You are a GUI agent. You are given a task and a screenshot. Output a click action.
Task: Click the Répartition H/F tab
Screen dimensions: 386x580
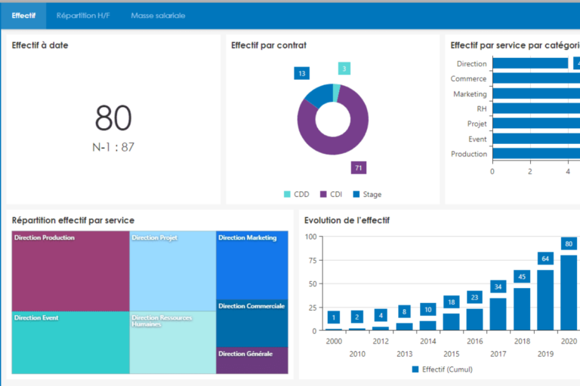(83, 15)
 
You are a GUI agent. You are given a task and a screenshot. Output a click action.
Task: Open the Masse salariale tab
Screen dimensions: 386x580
(158, 15)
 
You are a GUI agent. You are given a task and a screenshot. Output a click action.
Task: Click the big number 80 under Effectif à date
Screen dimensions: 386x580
(113, 118)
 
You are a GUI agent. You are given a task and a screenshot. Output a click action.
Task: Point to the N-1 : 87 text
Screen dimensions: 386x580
(113, 147)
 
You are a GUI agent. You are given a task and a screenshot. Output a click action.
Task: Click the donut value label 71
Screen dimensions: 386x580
(358, 167)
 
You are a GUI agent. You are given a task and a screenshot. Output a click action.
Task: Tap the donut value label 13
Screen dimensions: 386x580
(302, 73)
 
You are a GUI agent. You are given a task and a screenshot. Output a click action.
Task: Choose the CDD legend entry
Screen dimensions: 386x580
(296, 195)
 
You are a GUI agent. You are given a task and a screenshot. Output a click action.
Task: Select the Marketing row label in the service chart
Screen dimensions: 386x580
(470, 94)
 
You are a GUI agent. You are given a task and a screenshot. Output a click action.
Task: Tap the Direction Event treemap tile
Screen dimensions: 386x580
(70, 343)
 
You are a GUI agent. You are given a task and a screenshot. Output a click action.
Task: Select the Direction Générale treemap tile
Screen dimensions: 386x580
(251, 360)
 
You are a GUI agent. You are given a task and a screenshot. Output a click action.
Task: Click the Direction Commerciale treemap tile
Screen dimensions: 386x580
(251, 323)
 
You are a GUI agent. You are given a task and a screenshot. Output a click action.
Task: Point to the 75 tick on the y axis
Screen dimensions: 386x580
(310, 260)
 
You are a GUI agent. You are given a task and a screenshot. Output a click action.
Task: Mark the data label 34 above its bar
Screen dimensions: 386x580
(498, 286)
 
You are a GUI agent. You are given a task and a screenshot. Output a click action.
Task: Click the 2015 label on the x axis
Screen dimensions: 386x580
(451, 354)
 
